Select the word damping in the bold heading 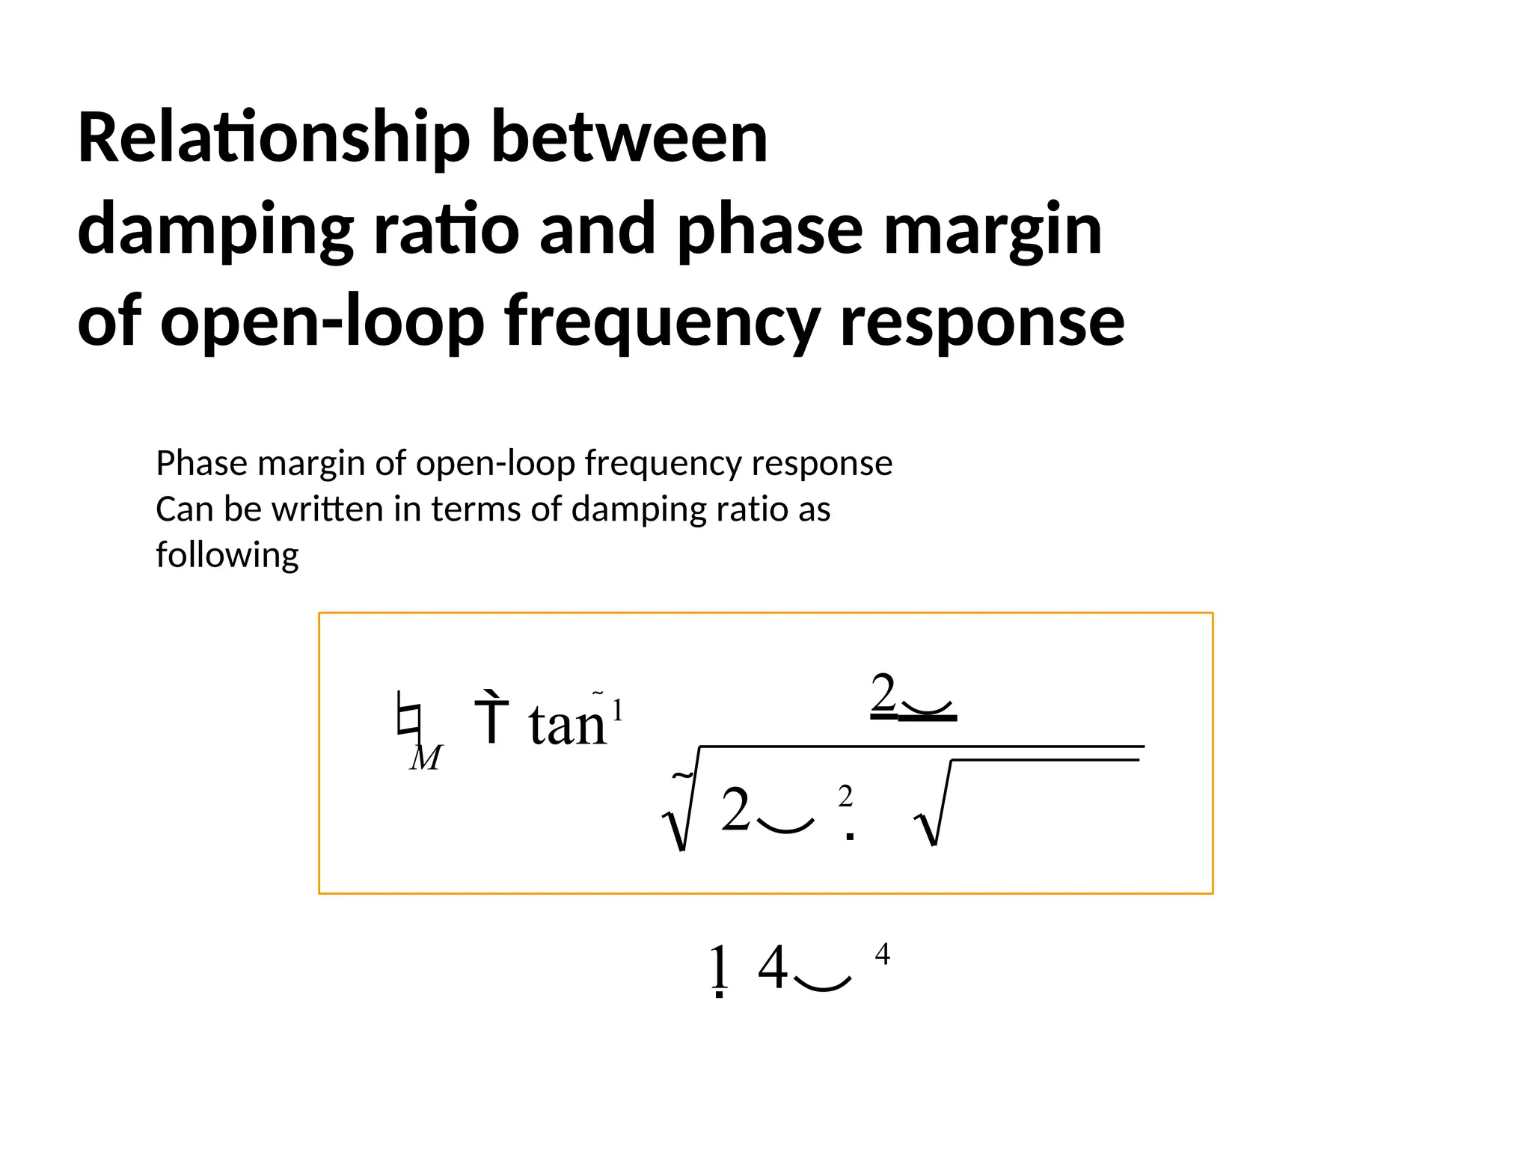pos(215,230)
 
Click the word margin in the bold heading pos(993,230)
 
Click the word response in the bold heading pos(981,322)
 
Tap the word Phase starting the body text pos(201,464)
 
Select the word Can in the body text pos(184,509)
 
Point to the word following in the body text pos(227,556)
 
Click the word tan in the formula pos(567,724)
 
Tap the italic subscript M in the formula pos(426,758)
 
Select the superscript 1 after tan pos(618,710)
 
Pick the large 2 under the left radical pos(736,810)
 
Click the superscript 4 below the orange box pos(883,954)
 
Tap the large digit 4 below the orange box pos(773,968)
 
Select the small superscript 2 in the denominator pos(845,797)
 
